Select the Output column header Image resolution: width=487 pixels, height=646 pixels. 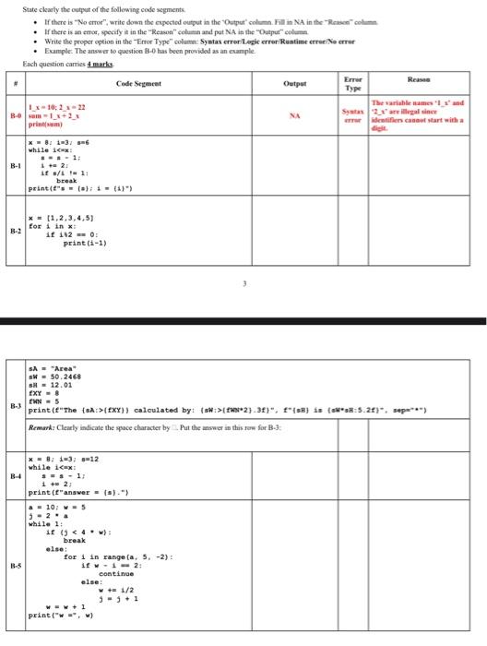[x=294, y=83]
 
